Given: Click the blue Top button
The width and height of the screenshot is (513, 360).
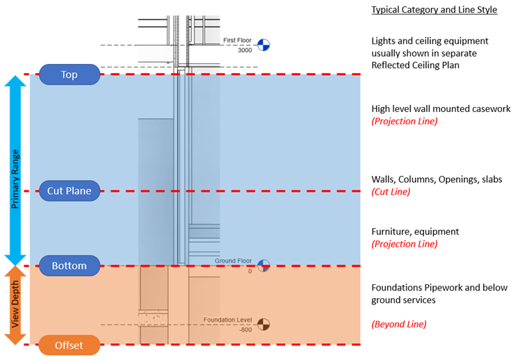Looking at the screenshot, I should click(69, 74).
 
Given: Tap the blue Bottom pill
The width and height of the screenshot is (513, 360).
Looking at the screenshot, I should click(69, 265).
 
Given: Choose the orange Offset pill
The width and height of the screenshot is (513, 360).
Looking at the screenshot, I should click(69, 345).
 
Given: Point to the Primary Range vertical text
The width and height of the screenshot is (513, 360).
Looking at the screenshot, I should click(15, 170).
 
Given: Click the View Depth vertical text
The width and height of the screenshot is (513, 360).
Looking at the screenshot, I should click(15, 306).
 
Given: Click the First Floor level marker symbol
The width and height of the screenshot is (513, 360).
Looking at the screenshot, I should click(263, 45).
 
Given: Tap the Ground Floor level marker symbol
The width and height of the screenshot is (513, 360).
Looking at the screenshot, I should click(263, 265).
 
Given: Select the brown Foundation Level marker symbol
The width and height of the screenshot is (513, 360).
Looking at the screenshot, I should click(263, 324).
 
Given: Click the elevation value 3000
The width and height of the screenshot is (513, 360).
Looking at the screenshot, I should click(244, 51).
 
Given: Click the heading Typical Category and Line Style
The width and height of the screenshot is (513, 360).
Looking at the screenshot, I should click(434, 10).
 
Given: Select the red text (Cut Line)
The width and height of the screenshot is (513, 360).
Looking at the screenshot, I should click(391, 192).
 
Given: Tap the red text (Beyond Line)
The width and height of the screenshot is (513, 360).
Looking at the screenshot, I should click(399, 324).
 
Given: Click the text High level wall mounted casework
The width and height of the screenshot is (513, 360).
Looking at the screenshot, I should click(441, 108).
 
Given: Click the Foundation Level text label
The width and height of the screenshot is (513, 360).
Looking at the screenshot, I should click(227, 320).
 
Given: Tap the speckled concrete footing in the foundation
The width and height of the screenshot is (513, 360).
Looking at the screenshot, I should click(154, 319).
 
